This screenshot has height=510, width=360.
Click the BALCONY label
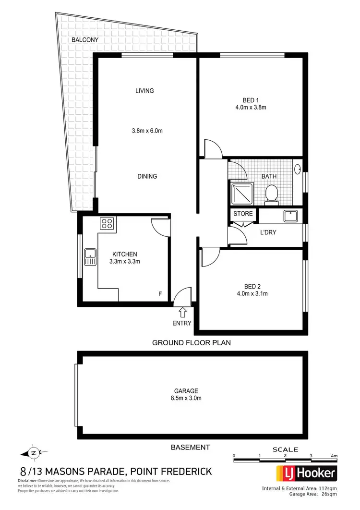coord(86,40)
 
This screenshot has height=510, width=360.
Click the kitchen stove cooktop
coord(107,223)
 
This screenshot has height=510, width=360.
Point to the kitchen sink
coord(89,257)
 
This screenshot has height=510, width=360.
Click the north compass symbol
coord(33,452)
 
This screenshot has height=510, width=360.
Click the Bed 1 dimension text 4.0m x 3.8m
coord(251,108)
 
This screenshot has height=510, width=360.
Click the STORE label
coord(242,214)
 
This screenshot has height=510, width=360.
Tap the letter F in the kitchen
coord(160,293)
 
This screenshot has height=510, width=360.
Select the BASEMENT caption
coord(190,447)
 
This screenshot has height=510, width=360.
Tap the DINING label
coord(147,176)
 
